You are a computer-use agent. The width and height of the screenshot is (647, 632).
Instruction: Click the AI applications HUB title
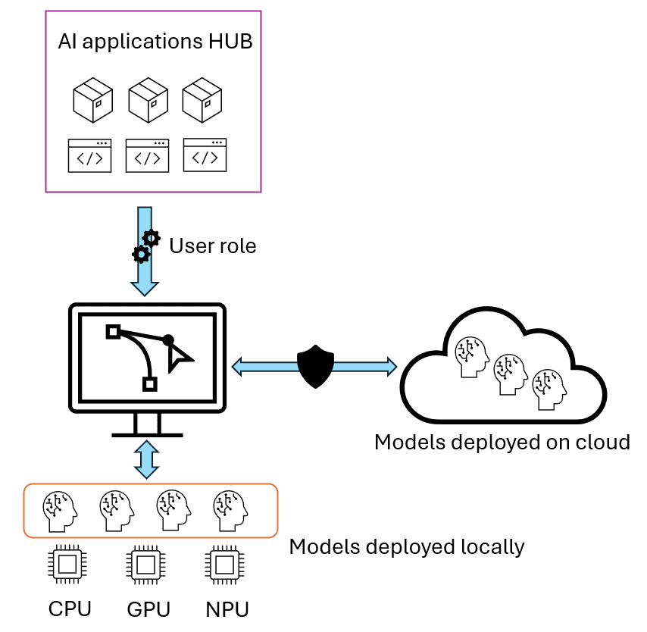[155, 42]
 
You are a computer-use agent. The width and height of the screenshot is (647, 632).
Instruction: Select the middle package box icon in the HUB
[148, 100]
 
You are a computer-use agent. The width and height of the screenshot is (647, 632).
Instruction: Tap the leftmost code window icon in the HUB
[90, 155]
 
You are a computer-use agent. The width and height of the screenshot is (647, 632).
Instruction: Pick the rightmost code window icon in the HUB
[205, 155]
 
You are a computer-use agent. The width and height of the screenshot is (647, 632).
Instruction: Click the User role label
[213, 246]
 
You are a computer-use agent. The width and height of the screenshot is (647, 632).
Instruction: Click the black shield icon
[314, 367]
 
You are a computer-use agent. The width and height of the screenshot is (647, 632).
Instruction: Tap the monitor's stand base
[147, 434]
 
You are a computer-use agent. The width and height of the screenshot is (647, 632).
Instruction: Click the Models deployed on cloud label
[502, 442]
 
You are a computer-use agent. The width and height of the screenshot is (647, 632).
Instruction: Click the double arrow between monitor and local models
[145, 460]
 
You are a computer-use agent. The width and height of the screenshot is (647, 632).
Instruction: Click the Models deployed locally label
[407, 546]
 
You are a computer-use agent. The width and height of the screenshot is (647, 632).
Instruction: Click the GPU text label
[148, 609]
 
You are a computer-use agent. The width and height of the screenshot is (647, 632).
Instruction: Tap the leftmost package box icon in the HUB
[92, 100]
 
